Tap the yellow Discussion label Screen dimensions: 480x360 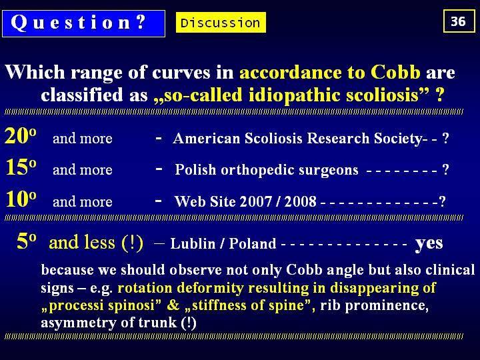(221, 23)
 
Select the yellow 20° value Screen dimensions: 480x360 (21, 135)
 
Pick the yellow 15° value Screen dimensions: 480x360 (21, 167)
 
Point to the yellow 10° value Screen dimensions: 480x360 (21, 199)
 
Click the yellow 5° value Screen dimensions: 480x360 (27, 241)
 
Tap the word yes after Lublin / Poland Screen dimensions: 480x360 (429, 244)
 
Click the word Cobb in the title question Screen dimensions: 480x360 (395, 73)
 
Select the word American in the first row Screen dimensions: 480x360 (206, 139)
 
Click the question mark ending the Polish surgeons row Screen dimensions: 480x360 (446, 169)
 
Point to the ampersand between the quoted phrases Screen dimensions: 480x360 (173, 305)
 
